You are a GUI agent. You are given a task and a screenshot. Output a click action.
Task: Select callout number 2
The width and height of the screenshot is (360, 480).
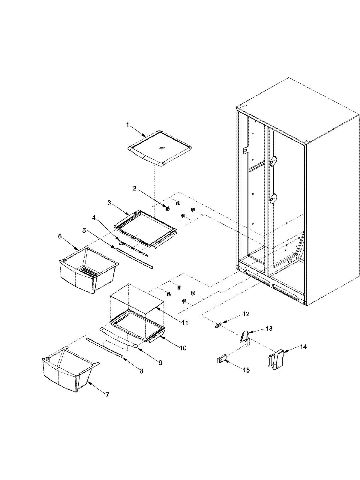(x=135, y=188)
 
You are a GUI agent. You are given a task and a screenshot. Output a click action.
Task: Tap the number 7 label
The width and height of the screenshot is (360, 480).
(x=107, y=395)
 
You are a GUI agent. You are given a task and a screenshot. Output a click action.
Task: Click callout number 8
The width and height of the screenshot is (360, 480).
(x=142, y=371)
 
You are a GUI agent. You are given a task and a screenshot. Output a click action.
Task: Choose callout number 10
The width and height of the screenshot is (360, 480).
(x=183, y=348)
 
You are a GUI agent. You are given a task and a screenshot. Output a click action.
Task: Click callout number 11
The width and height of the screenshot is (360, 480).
(x=185, y=323)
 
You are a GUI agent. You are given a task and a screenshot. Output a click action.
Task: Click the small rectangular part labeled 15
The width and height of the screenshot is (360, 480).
(x=221, y=360)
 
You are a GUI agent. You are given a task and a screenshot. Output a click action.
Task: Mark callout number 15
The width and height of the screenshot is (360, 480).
(x=246, y=370)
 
